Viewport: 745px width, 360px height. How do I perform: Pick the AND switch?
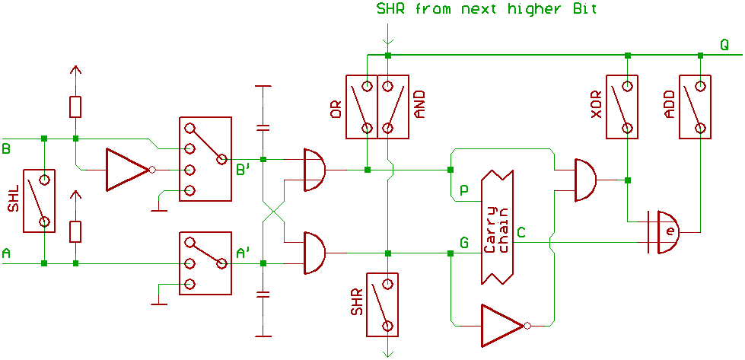393,107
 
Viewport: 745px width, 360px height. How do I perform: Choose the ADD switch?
696,107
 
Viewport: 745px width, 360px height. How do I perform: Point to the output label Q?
725,45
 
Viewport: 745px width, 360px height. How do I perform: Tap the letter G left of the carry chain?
464,244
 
